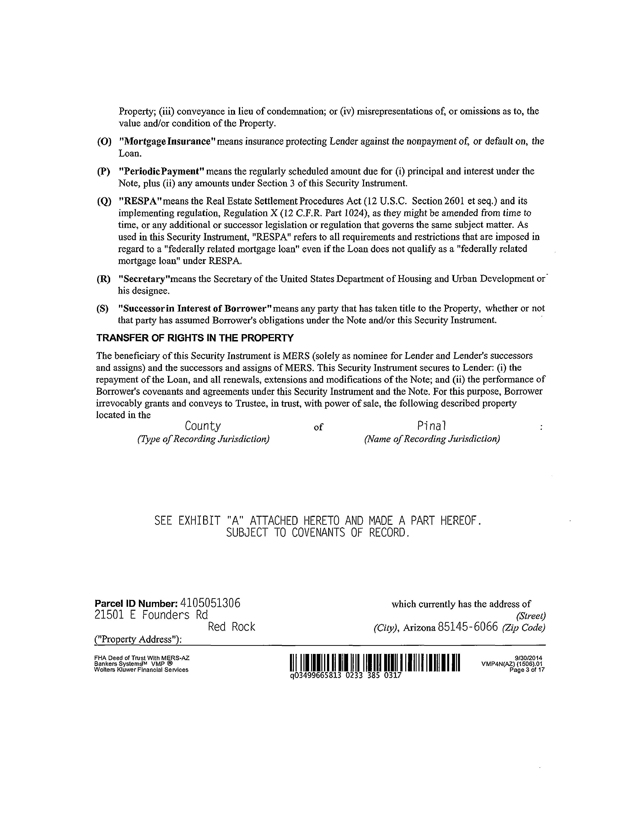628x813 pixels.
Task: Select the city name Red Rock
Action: click(x=231, y=627)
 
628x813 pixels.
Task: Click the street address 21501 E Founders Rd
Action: click(x=151, y=615)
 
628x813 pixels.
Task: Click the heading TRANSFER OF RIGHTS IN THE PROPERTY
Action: click(x=195, y=338)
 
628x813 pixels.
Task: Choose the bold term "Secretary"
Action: click(x=141, y=279)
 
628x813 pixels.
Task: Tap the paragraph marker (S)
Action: click(x=102, y=309)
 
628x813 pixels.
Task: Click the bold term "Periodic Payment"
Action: click(x=161, y=172)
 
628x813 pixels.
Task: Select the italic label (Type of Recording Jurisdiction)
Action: click(x=203, y=439)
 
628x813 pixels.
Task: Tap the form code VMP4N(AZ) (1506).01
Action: click(x=511, y=664)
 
